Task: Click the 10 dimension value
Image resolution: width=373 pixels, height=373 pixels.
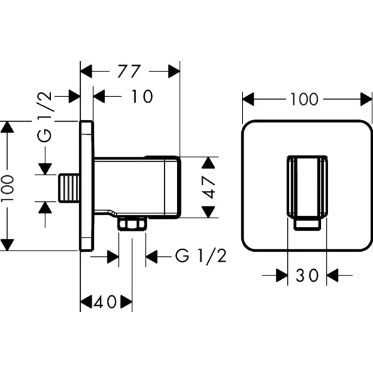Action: (x=142, y=96)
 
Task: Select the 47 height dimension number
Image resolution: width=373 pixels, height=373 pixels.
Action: (x=210, y=186)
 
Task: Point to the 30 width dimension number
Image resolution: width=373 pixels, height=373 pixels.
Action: (x=307, y=275)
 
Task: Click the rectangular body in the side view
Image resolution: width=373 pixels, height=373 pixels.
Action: (x=136, y=186)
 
